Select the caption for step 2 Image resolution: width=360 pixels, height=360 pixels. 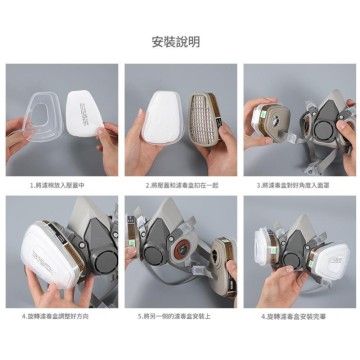click(180, 184)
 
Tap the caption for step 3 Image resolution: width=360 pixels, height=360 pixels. click(299, 184)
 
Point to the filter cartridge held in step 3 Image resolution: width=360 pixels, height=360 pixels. click(267, 118)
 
